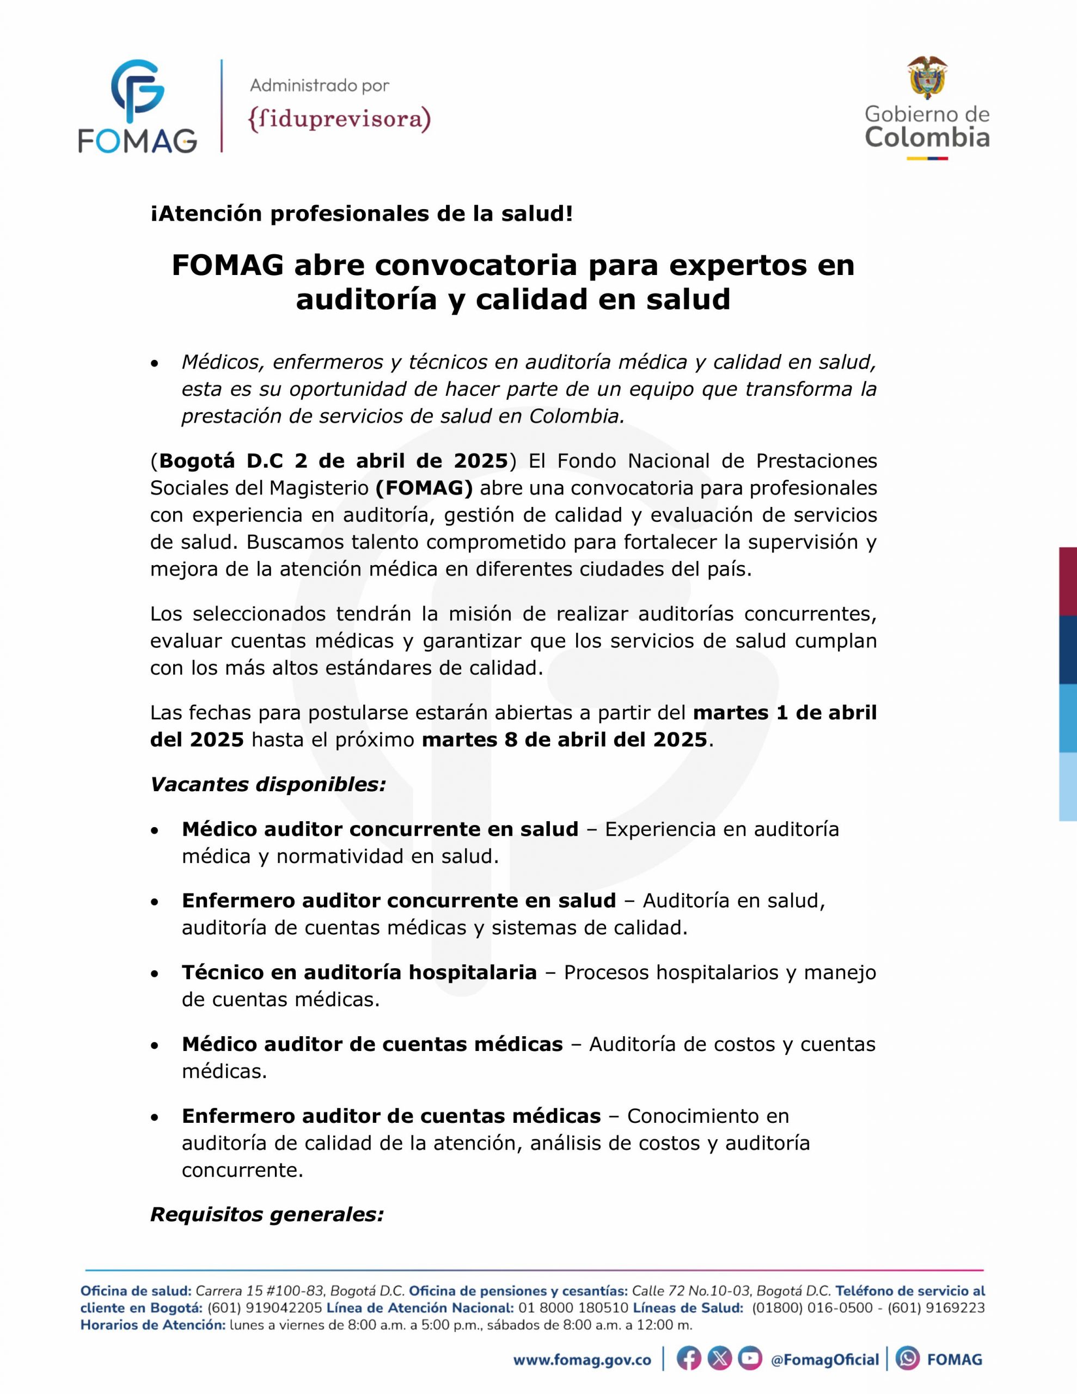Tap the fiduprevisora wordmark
click(339, 119)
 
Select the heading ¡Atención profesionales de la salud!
click(362, 215)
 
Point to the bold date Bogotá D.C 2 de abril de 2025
click(333, 460)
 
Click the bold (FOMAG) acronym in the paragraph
click(424, 488)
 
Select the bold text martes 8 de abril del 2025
click(564, 740)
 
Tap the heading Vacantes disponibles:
click(268, 785)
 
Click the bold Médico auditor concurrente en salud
click(380, 829)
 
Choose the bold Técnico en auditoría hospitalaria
click(359, 972)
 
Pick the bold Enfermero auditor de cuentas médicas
click(391, 1116)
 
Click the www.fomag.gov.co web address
click(582, 1360)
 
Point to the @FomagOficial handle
click(824, 1360)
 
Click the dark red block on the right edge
click(1068, 581)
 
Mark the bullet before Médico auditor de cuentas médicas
click(154, 1045)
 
